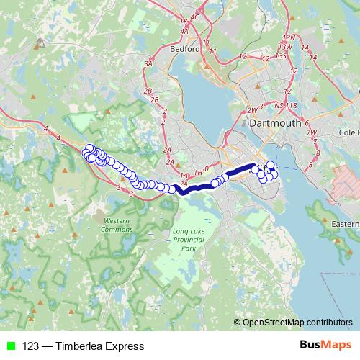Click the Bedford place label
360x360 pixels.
click(x=185, y=50)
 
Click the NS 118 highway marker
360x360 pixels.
click(x=287, y=106)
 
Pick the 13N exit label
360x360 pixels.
click(x=290, y=37)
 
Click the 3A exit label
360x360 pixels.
click(x=150, y=64)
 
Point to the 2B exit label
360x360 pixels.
click(x=148, y=91)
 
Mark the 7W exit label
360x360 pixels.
click(x=312, y=132)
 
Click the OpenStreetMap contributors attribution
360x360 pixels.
click(x=297, y=323)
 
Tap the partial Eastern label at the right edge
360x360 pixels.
click(x=345, y=225)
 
